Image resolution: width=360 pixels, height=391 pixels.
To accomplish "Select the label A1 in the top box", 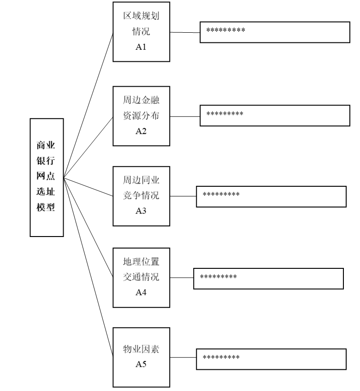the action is tap(141, 47).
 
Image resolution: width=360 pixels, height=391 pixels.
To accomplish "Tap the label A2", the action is tap(141, 131).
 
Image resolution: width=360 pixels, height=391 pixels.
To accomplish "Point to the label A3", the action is tap(141, 211).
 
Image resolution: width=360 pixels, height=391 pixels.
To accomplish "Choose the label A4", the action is tap(141, 292).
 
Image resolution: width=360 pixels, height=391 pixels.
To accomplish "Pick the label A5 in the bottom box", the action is tap(141, 364).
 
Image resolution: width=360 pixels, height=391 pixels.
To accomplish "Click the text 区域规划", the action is tap(141, 16).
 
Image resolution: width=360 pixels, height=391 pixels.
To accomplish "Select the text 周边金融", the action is tap(141, 100).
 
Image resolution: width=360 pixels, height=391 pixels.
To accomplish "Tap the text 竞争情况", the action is tap(141, 195).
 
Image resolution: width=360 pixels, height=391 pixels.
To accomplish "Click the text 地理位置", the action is tap(141, 261).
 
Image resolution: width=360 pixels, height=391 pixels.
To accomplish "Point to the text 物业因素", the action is tap(141, 349).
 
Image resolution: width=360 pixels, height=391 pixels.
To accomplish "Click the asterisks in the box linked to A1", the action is tap(225, 30).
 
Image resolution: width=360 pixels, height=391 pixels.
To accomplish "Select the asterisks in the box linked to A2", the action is tap(224, 113).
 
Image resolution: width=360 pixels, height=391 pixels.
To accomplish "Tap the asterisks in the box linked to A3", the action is tap(221, 194).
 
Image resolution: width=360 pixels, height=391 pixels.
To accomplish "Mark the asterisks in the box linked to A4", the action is tap(218, 276).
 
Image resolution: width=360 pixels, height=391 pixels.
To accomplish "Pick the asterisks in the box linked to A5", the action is tap(221, 357).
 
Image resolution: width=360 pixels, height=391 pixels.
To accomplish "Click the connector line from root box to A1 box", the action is tap(88, 105).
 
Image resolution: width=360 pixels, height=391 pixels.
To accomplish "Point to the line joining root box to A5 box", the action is tap(88, 267).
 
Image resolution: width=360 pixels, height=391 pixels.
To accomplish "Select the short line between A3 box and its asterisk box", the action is tap(183, 196).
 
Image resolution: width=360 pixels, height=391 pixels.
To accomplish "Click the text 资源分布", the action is tap(141, 115).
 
